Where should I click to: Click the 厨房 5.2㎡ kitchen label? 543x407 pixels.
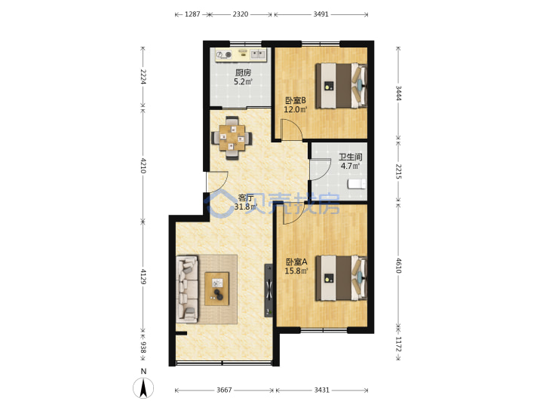point(243,77)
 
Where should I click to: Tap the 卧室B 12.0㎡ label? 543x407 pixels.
point(296,105)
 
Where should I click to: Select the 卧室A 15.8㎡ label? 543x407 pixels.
point(296,266)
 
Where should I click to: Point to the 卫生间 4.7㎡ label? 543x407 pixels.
point(350,161)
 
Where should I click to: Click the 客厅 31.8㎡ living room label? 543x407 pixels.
point(246,203)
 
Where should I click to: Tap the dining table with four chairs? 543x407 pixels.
point(232,138)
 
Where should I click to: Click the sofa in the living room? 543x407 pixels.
point(187,289)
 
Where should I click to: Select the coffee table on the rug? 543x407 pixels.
point(216,289)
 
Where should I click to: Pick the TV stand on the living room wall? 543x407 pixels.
point(268,291)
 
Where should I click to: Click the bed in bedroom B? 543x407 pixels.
point(341,86)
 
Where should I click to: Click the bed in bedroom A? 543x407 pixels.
point(341,278)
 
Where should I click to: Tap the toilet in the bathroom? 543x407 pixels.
point(357,184)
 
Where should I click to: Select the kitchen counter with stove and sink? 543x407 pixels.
point(241,55)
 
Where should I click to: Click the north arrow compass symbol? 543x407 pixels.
point(143,387)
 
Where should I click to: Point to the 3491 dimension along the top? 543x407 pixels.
point(321,14)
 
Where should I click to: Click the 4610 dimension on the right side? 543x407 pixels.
point(399,265)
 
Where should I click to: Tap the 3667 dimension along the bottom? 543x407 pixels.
point(224,390)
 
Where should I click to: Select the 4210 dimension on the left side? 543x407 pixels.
point(143,165)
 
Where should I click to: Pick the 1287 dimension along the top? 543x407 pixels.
point(192,14)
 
